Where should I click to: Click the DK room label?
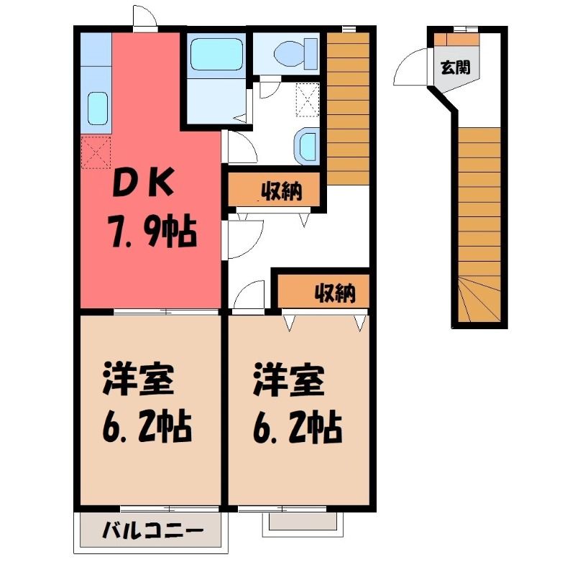(143, 183)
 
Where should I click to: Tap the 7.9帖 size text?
(152, 232)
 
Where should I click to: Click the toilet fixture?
(295, 53)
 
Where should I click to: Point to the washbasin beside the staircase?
(306, 147)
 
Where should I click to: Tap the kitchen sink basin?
(98, 109)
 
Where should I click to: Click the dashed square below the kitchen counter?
(96, 152)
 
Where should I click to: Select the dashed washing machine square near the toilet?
(308, 100)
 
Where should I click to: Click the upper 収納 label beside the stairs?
(281, 191)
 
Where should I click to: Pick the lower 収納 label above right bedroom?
(335, 293)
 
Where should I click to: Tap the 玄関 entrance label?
(456, 67)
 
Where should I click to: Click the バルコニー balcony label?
(152, 530)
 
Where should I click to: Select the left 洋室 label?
(138, 378)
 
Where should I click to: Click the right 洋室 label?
(289, 379)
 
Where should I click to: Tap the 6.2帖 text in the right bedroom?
(298, 428)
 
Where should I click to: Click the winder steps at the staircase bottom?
(479, 299)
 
